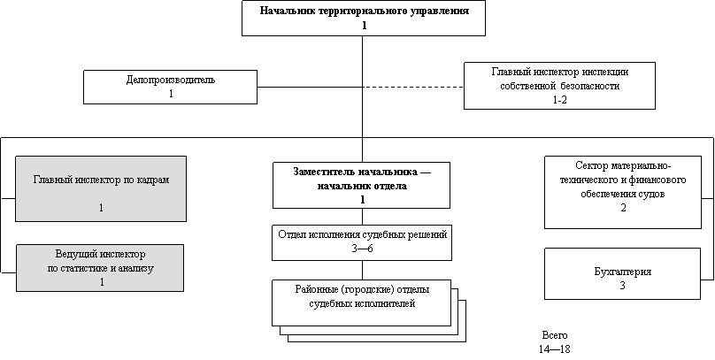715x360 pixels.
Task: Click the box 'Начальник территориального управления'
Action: (363, 18)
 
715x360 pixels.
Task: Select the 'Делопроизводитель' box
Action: (170, 87)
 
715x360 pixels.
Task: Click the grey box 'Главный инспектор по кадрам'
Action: (101, 188)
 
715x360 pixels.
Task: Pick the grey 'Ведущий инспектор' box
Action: (100, 267)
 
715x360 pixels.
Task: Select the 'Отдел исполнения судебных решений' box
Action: (362, 241)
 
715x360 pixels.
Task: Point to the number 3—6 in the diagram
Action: (363, 249)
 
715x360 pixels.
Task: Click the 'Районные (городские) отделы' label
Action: (362, 290)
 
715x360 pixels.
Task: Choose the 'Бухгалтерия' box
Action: (622, 273)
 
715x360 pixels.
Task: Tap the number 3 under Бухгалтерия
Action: (622, 286)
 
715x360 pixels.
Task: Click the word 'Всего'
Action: (554, 336)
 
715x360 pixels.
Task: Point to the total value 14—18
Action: (554, 349)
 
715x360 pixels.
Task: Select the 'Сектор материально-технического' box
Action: (622, 192)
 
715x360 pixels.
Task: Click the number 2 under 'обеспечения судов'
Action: (623, 208)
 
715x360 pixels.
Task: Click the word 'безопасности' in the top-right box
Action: (589, 87)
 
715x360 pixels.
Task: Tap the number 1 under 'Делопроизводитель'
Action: (170, 93)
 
